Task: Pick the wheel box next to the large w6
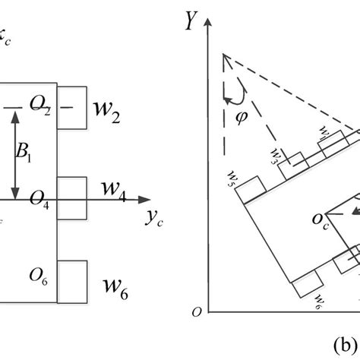tap(72, 279)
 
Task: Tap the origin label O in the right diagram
tap(198, 311)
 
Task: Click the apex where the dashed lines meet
tap(223, 55)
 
